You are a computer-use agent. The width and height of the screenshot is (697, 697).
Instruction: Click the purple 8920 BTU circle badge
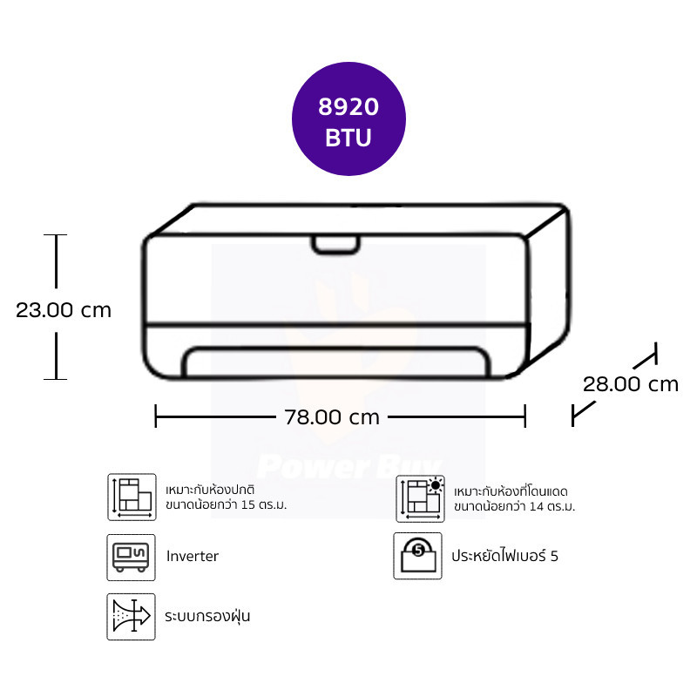coord(348,118)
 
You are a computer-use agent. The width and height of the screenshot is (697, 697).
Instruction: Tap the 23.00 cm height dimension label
coord(64,310)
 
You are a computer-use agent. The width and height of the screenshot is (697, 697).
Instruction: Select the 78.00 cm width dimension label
coord(332,417)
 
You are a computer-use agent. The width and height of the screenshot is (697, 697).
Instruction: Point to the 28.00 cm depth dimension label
coord(631,384)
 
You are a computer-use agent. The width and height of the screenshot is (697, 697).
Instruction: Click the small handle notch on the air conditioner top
coord(335,245)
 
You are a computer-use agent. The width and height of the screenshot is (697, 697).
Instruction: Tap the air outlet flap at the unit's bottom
coord(337,362)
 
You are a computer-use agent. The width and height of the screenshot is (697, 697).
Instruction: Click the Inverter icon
coord(132,558)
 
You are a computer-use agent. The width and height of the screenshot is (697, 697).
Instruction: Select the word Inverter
coord(193,556)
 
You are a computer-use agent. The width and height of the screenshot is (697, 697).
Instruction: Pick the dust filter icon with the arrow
coord(132,617)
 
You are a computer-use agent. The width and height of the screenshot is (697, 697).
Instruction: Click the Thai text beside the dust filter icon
coord(207,616)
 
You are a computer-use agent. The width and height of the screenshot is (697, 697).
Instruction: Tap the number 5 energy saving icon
coord(418,556)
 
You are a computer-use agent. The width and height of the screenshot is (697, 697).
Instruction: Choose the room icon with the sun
coord(420,498)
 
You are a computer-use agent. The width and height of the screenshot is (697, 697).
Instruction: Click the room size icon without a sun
coord(132,497)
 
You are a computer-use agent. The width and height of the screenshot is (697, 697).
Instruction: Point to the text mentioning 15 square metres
coord(227,497)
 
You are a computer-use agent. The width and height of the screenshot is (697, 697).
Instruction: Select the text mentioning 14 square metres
coord(514,498)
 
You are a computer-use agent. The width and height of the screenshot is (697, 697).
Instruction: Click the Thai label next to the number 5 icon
coord(505,556)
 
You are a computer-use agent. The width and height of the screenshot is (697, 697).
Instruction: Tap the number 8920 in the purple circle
coord(348,106)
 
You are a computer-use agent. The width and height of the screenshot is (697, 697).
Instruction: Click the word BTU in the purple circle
coord(348,138)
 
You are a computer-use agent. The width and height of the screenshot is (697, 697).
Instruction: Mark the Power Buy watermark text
coord(350,466)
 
